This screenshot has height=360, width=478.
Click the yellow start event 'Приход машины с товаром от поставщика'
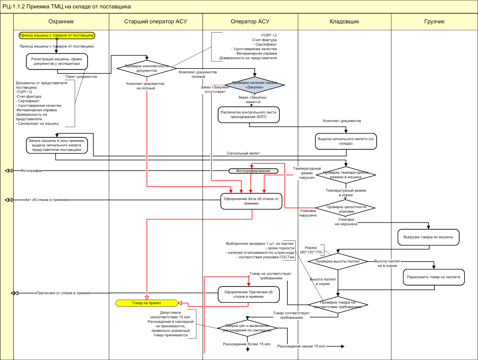click(x=57, y=36)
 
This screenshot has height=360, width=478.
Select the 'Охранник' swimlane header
click(x=61, y=22)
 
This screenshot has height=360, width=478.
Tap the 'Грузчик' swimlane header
click(x=434, y=22)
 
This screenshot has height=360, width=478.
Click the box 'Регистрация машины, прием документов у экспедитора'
click(x=57, y=61)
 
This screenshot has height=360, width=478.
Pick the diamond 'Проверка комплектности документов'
click(x=147, y=68)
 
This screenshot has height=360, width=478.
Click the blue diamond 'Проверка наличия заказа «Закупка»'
click(x=255, y=85)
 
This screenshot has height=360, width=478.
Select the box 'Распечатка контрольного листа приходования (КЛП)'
click(x=248, y=114)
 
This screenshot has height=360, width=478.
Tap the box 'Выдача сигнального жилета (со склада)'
click(x=346, y=141)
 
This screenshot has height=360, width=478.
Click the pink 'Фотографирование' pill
click(x=253, y=171)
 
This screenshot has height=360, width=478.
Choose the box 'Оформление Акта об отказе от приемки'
click(x=251, y=201)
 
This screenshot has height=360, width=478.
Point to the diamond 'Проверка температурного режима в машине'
click(x=346, y=175)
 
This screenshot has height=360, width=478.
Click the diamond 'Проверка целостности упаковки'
click(x=346, y=209)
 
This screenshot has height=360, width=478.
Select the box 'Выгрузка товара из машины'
click(x=428, y=237)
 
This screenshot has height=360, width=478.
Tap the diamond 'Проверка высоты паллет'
click(x=338, y=261)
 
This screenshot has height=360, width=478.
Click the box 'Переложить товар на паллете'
click(x=433, y=277)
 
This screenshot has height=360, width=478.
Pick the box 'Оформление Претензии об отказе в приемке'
click(x=248, y=294)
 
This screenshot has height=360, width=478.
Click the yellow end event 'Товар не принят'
click(x=147, y=303)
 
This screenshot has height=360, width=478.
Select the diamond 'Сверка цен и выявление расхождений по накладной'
click(x=247, y=328)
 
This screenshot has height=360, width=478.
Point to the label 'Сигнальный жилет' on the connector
click(x=243, y=153)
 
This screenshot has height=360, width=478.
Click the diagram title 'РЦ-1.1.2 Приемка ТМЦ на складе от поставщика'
click(x=67, y=7)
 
